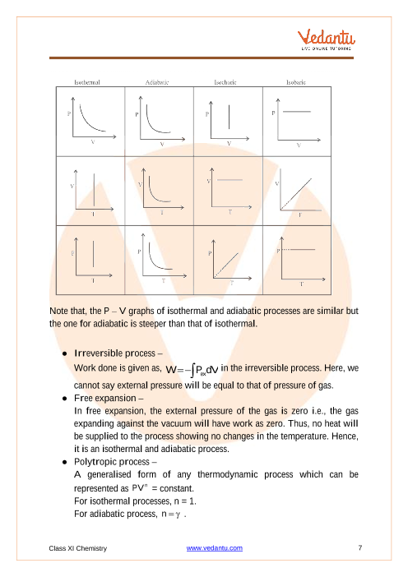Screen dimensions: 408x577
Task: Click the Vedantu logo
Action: (327, 39)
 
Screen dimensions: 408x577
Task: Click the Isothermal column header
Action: (87, 82)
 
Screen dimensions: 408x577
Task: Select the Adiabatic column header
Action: (157, 82)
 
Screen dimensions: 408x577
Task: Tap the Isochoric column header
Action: (225, 82)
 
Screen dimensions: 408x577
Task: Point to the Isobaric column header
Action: (296, 82)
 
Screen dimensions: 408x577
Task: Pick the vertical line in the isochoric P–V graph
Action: (229, 117)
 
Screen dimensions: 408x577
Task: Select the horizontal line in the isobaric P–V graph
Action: (297, 112)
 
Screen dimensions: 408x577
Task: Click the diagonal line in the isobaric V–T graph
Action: (296, 194)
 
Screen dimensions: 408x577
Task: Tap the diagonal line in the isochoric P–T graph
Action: (226, 265)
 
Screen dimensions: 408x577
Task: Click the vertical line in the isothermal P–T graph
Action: (93, 254)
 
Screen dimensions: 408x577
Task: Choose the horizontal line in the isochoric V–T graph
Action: (229, 180)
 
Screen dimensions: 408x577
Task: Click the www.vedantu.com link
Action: (215, 548)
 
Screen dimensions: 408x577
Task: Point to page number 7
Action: (360, 547)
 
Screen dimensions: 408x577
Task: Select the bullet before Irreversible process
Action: (65, 353)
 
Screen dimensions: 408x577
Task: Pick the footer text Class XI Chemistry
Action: (77, 548)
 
